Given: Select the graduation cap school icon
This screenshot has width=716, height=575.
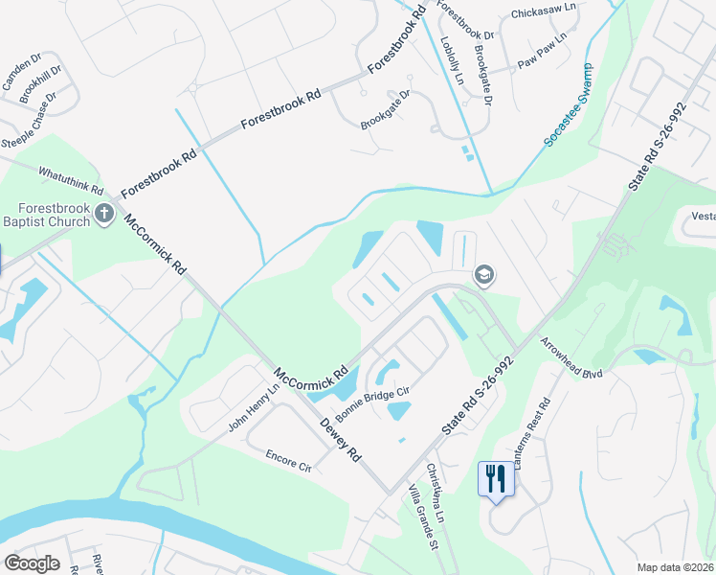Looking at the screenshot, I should click(x=483, y=276).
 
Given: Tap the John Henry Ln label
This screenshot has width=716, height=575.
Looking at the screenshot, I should click(x=252, y=408).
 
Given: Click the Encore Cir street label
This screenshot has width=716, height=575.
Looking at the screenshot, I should click(x=288, y=454).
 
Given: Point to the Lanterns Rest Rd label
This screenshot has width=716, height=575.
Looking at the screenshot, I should click(x=532, y=433).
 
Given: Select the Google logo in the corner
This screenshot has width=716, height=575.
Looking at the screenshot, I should click(x=32, y=563).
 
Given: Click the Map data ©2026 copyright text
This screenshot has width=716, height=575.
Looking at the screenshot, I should click(x=675, y=567).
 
